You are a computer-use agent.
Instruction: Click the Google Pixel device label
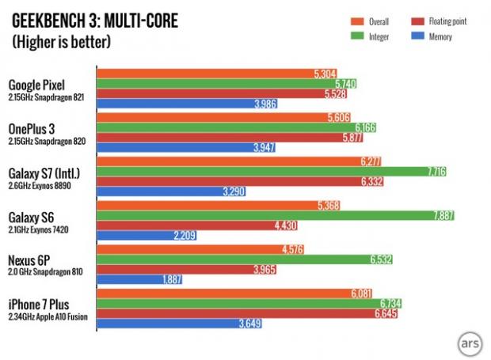pyautogui.click(x=37, y=85)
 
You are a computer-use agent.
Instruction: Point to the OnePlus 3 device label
pyautogui.click(x=33, y=128)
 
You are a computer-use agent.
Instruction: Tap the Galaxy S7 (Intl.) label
pyautogui.click(x=46, y=172)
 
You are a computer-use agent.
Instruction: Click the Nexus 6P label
pyautogui.click(x=32, y=259)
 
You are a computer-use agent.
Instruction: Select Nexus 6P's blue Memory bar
pyautogui.click(x=139, y=279)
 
